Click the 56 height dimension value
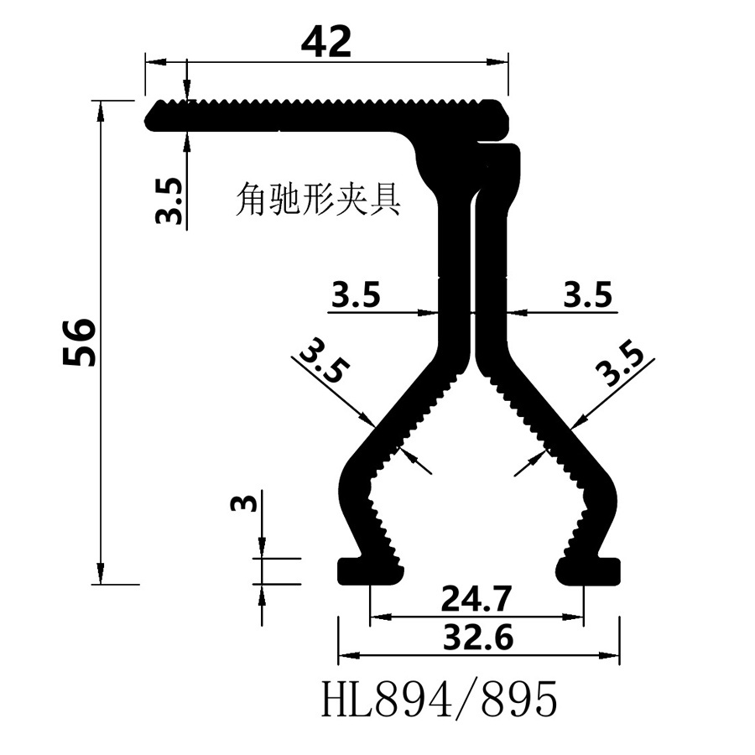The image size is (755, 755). [81, 341]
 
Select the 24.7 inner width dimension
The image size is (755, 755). [476, 601]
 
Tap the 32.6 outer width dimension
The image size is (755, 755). [476, 638]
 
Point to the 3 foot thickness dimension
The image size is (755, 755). [242, 503]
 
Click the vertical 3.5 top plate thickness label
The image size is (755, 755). [169, 200]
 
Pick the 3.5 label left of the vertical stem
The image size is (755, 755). [357, 295]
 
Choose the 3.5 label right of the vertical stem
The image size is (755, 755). [587, 295]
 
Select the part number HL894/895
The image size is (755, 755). [439, 700]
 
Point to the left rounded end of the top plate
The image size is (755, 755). [154, 116]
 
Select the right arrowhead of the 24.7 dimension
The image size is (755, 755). [576, 618]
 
